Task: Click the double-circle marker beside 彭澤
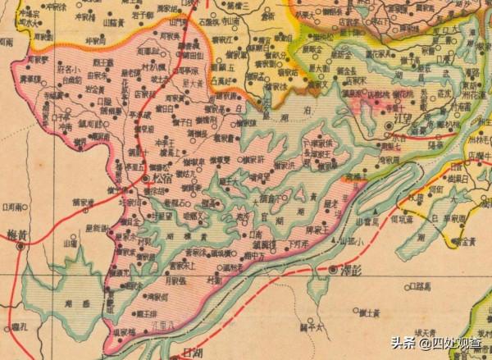coord(334,269)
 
